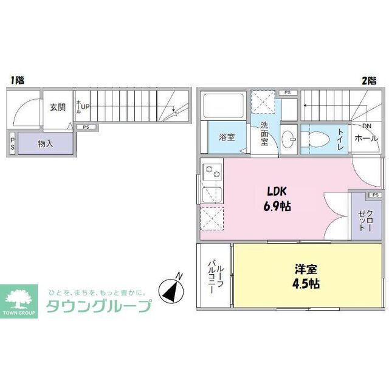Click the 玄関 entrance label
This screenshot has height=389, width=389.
[x=58, y=108]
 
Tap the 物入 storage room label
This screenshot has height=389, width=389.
[x=46, y=144]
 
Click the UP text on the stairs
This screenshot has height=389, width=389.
[x=86, y=107]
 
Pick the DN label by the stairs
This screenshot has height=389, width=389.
[x=367, y=126]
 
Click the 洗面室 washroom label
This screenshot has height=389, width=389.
[x=264, y=133]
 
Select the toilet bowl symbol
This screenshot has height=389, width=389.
[x=316, y=138]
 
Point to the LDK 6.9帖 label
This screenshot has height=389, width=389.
[x=277, y=198]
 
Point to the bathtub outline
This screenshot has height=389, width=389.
[x=224, y=106]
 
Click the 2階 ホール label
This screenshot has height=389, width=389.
[x=367, y=139]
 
